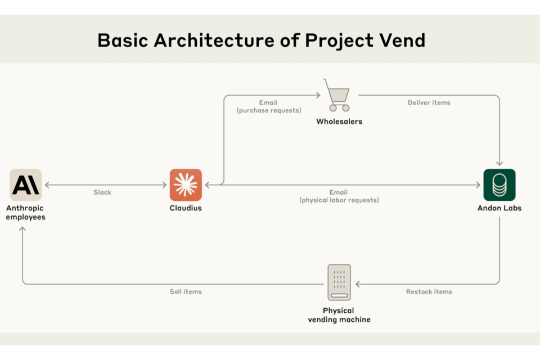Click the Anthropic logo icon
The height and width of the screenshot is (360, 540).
(25, 184)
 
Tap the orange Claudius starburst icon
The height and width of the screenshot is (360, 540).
(186, 184)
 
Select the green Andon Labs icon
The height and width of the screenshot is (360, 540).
(499, 184)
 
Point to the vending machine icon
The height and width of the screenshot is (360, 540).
(339, 282)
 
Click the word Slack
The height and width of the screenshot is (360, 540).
(102, 192)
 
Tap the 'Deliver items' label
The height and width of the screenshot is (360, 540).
(429, 103)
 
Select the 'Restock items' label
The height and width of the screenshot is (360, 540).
(429, 292)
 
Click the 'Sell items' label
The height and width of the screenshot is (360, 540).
(186, 292)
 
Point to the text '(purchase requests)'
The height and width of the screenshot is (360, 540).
(269, 111)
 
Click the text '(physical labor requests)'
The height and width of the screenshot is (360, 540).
(339, 200)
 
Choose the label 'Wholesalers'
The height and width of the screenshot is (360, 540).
(339, 121)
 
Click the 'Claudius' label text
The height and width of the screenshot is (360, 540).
(186, 208)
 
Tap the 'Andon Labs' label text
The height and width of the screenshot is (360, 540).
(499, 208)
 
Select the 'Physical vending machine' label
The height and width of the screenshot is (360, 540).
(339, 315)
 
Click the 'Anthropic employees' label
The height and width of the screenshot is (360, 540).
(25, 213)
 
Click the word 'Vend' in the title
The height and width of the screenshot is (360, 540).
(401, 40)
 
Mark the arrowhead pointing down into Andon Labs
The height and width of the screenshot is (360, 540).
(499, 163)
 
